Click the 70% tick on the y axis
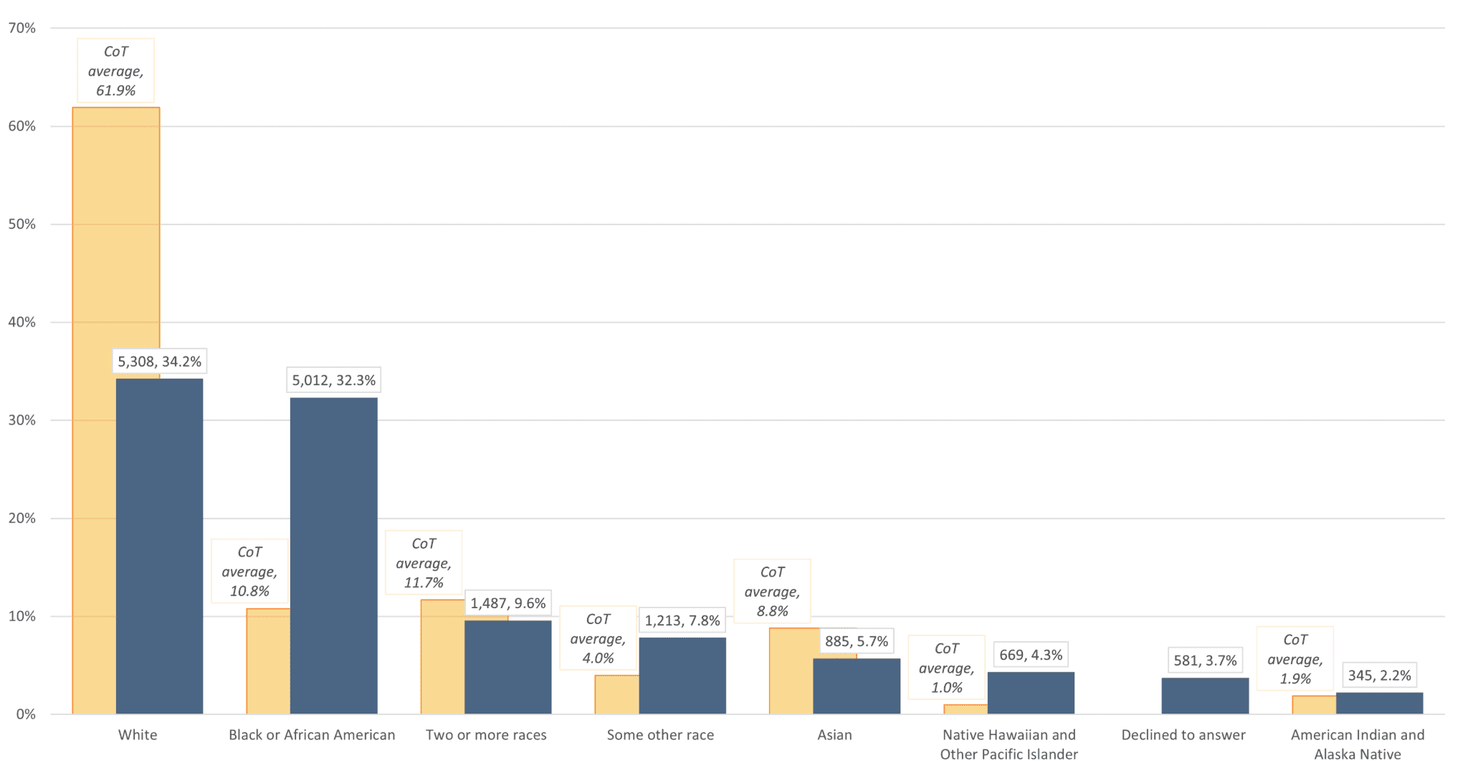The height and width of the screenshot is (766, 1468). (x=22, y=28)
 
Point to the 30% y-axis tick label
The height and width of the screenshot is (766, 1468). (x=22, y=420)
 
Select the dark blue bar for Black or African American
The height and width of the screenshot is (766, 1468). (x=333, y=556)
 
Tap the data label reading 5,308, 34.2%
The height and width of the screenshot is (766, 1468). (x=159, y=361)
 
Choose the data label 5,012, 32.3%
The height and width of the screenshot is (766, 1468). (x=333, y=380)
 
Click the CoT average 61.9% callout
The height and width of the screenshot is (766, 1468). (x=115, y=71)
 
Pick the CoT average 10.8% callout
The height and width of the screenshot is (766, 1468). (x=249, y=572)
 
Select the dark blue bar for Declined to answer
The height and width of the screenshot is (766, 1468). (x=1205, y=696)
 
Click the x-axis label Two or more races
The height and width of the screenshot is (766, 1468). (x=486, y=735)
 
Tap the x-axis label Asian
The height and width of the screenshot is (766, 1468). (x=834, y=735)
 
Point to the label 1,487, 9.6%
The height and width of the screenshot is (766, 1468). (x=507, y=603)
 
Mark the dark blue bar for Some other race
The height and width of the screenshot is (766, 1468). (x=682, y=676)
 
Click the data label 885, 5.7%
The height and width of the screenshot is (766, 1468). (x=856, y=641)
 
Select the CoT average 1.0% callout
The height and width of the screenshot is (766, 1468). (x=946, y=668)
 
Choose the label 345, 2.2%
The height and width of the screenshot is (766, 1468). (x=1379, y=675)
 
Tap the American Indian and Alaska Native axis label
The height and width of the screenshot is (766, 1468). (x=1357, y=744)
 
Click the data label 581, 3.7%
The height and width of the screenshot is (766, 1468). (x=1205, y=660)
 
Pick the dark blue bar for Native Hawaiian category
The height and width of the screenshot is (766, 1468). (x=1031, y=693)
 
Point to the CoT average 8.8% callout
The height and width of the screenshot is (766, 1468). (x=772, y=592)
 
